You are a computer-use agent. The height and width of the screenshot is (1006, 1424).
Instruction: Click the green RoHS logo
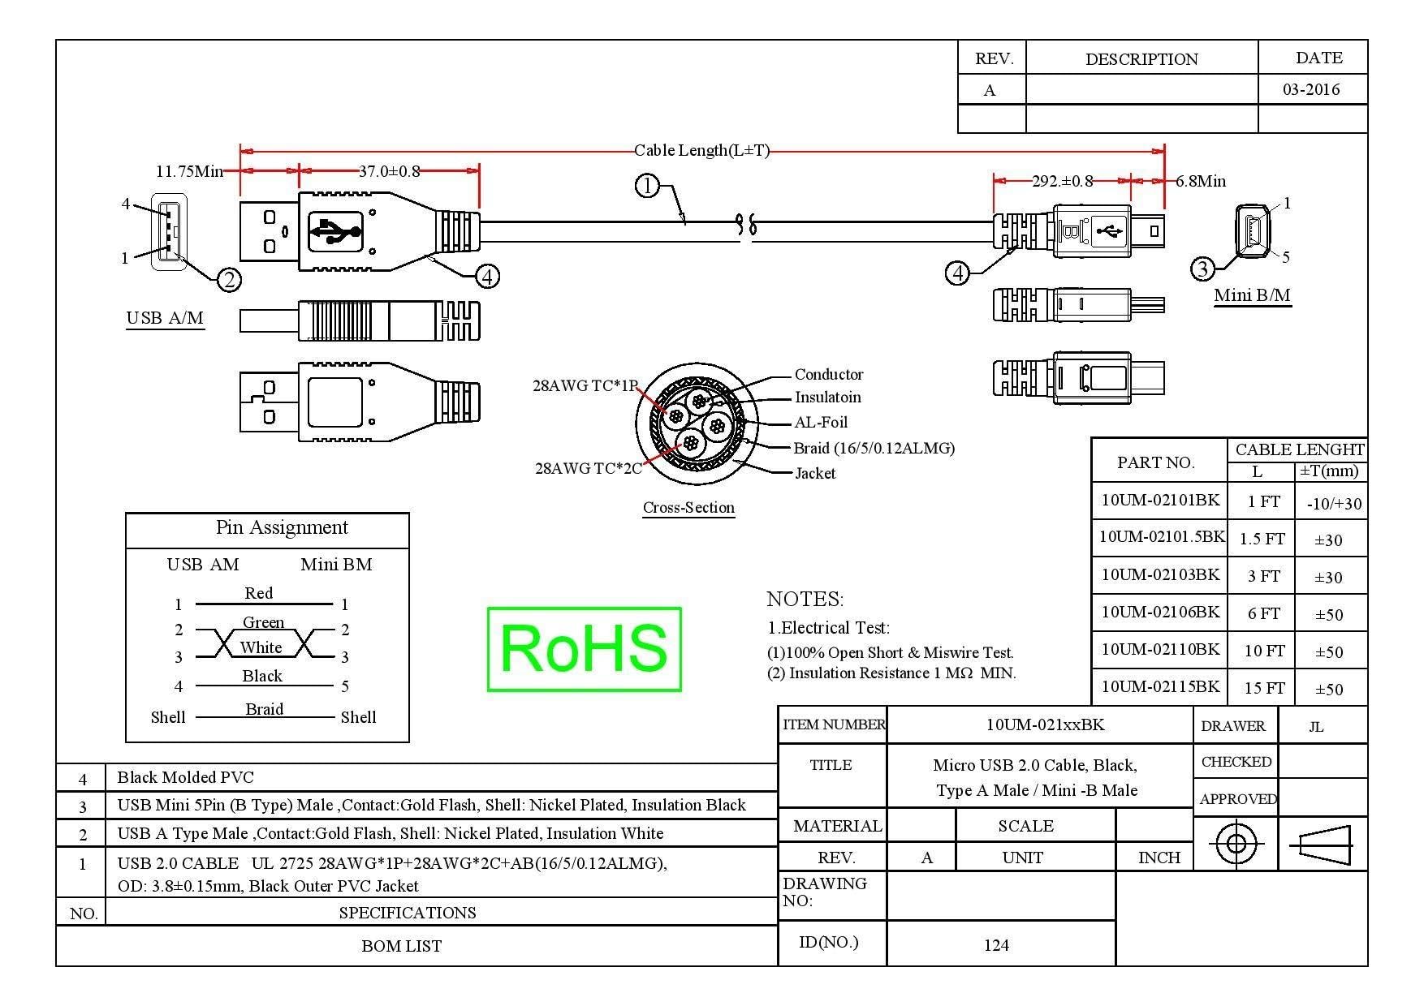click(584, 649)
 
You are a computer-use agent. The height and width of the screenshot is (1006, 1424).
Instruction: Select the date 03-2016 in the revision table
click(1311, 89)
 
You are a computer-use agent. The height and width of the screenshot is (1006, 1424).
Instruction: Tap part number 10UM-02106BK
click(1160, 612)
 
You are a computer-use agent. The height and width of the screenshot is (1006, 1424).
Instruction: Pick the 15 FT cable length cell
click(1265, 689)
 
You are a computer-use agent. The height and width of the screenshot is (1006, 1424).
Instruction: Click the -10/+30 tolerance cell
click(1334, 504)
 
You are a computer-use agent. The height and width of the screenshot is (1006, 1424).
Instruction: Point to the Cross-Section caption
click(688, 508)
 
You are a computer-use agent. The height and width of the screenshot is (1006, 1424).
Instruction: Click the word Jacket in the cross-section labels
click(815, 473)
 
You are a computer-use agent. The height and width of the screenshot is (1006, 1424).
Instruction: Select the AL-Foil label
click(821, 422)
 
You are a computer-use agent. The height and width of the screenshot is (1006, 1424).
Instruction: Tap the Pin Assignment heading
click(282, 528)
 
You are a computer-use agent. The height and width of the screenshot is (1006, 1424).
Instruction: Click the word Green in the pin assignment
click(264, 622)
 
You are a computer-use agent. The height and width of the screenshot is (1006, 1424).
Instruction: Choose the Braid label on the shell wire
click(265, 709)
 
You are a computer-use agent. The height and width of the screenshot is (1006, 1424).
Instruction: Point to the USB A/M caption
click(165, 318)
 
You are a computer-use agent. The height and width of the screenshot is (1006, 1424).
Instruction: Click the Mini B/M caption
click(1252, 295)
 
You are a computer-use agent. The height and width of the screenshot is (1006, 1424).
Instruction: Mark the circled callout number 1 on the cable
click(647, 187)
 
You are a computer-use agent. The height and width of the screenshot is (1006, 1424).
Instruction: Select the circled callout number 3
click(1202, 269)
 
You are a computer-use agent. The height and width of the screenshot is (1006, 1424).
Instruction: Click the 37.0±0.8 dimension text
click(390, 171)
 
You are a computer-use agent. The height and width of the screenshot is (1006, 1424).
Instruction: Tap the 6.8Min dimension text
click(1201, 181)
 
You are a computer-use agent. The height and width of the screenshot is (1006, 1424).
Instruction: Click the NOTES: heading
click(805, 600)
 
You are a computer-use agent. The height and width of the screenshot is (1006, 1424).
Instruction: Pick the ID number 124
click(996, 945)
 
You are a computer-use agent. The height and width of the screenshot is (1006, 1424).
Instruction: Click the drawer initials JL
click(1317, 727)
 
